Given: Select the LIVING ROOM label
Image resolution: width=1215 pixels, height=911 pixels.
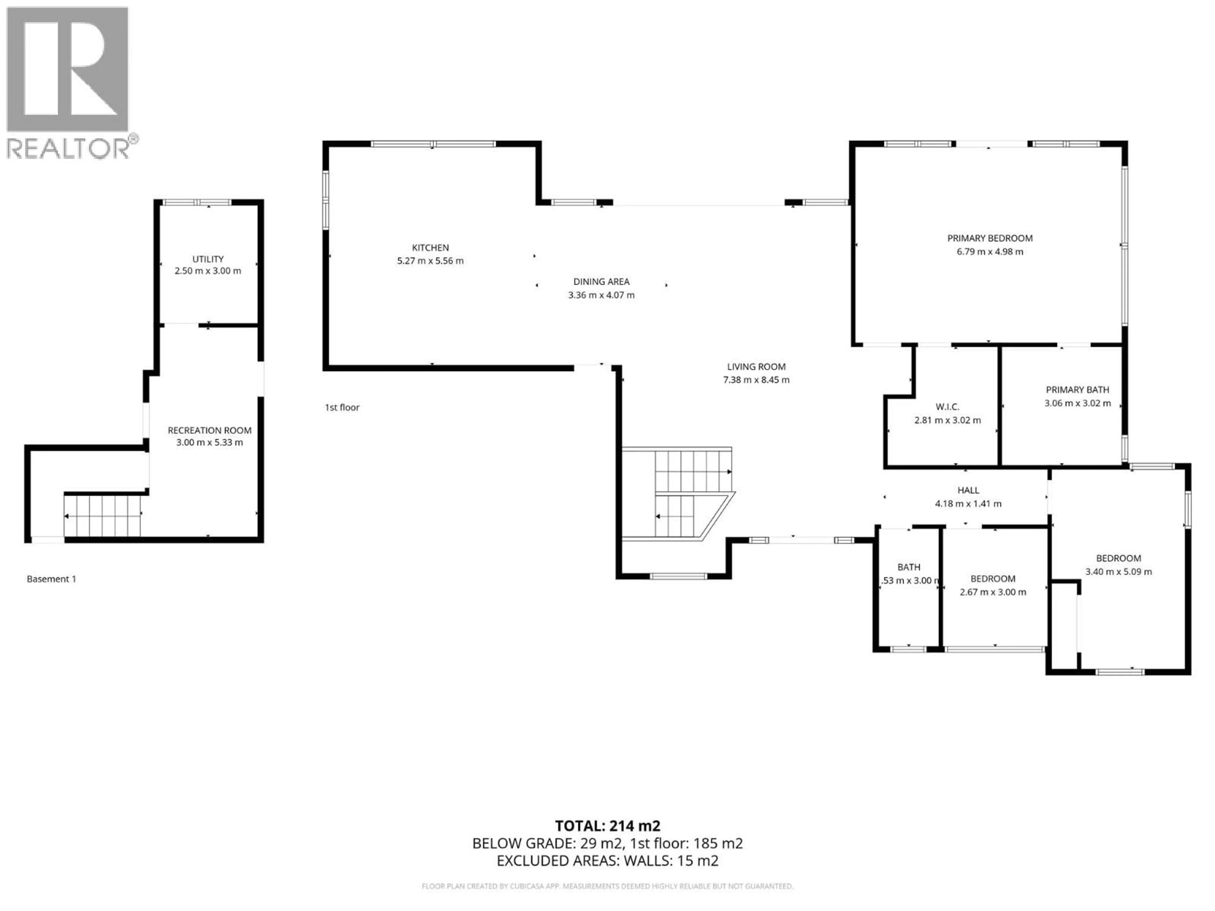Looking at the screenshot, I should (x=756, y=366).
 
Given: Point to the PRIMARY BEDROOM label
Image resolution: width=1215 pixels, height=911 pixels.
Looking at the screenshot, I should (x=989, y=238).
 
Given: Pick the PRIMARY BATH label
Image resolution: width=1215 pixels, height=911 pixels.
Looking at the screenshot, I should (x=1077, y=390).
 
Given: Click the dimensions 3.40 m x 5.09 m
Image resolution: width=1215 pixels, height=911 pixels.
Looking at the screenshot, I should (x=1118, y=572).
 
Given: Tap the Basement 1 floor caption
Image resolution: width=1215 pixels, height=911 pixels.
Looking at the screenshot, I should (x=52, y=579).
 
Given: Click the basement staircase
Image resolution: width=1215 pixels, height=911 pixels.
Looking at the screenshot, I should (x=103, y=516).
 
